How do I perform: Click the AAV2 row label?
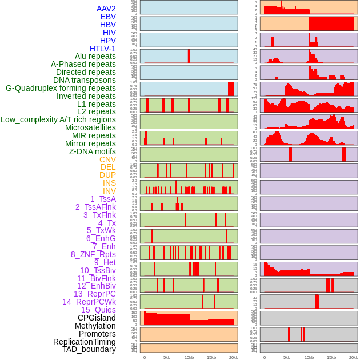(x=106, y=9)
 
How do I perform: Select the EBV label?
(x=108, y=17)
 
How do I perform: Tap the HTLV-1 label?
(x=102, y=49)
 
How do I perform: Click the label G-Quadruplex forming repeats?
(x=61, y=88)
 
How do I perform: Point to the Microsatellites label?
(x=90, y=127)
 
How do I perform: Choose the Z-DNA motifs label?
(x=92, y=151)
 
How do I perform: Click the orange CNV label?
(x=107, y=159)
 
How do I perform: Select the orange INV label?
(x=109, y=191)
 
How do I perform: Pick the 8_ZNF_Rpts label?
(x=93, y=254)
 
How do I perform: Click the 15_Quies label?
(x=98, y=310)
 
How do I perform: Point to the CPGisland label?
(x=97, y=318)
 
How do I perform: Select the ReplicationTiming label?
(x=84, y=342)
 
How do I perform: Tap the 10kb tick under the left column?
(x=189, y=357)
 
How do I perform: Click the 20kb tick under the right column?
(x=353, y=357)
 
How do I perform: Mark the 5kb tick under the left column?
(x=167, y=357)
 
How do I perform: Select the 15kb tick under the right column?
(x=331, y=357)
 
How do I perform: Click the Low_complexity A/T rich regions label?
(x=58, y=119)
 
